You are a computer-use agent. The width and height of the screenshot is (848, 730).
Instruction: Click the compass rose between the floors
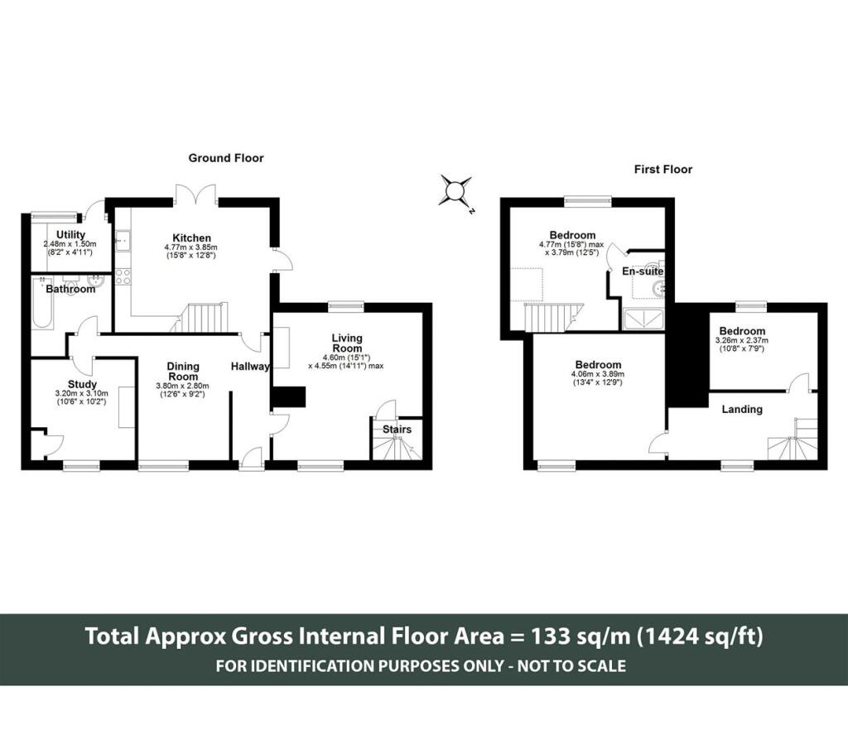coord(455,191)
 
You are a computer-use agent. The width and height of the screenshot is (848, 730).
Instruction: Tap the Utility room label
coord(71,234)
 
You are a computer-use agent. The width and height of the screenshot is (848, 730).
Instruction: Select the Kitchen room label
coord(191,238)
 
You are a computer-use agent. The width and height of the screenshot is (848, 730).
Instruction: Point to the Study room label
coord(82,385)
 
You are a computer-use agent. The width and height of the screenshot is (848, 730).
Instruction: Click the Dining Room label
coord(183,372)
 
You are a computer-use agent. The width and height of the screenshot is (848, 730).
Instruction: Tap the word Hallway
coord(250,367)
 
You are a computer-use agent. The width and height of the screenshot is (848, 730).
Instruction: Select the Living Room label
coord(347,343)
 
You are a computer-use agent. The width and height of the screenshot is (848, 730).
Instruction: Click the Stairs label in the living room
coord(397,430)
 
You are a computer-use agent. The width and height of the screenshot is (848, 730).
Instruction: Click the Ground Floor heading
coord(226,158)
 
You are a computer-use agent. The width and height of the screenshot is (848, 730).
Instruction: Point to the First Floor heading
coord(663,170)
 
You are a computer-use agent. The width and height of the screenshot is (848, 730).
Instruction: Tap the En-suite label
coord(643,271)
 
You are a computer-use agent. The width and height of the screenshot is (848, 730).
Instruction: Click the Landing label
coord(742,410)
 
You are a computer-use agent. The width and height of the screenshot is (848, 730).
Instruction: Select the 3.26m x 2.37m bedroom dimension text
coord(741,340)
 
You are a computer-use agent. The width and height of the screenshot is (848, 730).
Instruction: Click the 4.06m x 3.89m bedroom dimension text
coord(598,374)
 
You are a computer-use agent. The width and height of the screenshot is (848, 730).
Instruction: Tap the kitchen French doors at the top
coord(195,195)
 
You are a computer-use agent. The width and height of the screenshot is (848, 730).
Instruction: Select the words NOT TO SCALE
coord(571,665)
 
